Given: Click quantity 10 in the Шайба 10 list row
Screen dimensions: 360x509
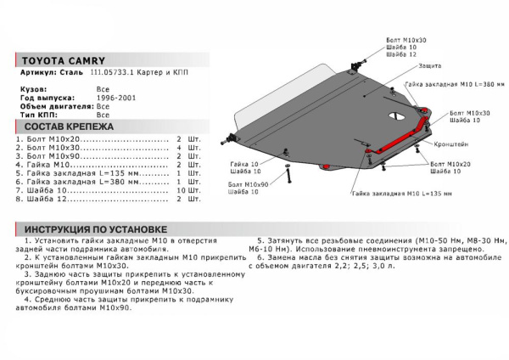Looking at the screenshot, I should coord(180,191).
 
